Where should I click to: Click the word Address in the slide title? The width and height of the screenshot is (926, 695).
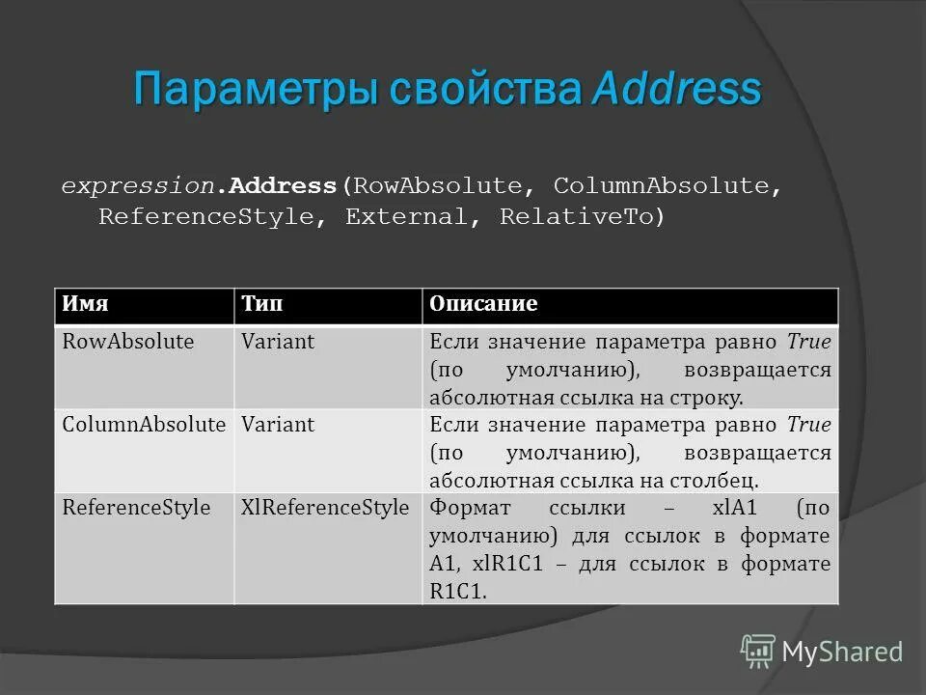[x=676, y=90]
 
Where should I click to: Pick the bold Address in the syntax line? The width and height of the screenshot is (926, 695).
[x=283, y=185]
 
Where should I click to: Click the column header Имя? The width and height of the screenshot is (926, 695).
[x=85, y=304]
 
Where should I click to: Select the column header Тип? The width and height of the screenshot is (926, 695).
[x=261, y=304]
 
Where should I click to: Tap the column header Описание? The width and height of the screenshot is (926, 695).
[x=483, y=304]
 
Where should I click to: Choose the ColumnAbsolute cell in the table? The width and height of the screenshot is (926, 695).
[x=144, y=424]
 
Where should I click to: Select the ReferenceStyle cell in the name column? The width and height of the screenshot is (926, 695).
[x=136, y=507]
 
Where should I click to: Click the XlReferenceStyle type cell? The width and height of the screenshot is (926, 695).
[x=325, y=507]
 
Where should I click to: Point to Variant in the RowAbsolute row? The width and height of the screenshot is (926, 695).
[x=278, y=342]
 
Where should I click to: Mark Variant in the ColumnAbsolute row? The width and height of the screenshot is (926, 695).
[x=278, y=424]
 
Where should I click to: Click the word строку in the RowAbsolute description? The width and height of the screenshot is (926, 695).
[x=707, y=398]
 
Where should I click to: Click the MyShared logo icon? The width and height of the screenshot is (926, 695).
[x=758, y=651]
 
